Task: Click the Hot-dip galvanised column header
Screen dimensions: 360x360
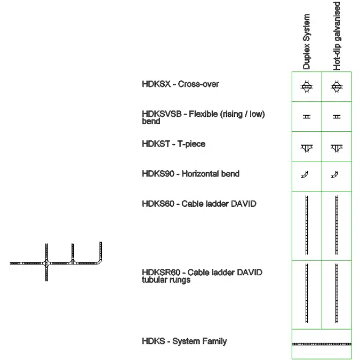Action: [337, 36]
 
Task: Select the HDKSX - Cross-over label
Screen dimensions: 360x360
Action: [180, 84]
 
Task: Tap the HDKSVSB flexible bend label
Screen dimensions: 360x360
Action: [203, 117]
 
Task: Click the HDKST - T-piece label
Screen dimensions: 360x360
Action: [173, 144]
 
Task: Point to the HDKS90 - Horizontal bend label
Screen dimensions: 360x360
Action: [190, 174]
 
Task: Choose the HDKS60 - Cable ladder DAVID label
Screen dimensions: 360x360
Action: [199, 204]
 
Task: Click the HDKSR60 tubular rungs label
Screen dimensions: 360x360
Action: [202, 276]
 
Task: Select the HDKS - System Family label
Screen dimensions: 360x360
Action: [185, 341]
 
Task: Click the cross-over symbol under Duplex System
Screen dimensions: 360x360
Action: [307, 86]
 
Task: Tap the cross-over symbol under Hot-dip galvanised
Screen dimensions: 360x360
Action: [337, 86]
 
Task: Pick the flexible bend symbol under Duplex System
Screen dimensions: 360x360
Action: [307, 116]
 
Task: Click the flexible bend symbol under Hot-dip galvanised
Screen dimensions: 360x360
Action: [337, 116]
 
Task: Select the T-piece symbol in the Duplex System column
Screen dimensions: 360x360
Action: [307, 148]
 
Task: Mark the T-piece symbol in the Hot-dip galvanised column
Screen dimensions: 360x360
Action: [337, 148]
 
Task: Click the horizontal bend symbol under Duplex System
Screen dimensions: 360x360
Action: [306, 174]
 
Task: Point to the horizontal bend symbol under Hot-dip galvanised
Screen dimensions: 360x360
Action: [335, 174]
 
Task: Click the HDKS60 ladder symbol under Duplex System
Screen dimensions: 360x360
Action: [307, 225]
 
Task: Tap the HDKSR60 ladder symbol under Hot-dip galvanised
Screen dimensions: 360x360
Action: [337, 293]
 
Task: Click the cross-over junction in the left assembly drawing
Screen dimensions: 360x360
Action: [47, 263]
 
